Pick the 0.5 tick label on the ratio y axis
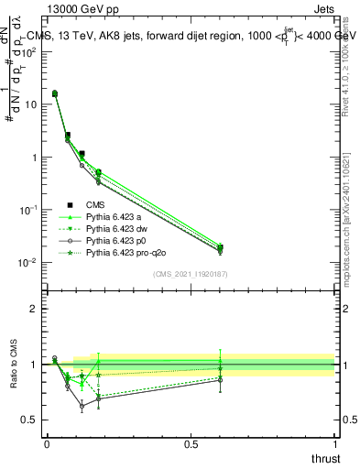[x=30, y=420]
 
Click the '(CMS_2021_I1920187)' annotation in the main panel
[x=191, y=274]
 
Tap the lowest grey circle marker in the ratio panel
[x=82, y=405]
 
